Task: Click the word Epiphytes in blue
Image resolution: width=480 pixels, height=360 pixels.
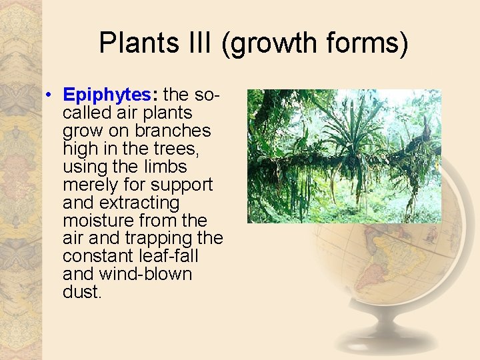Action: pyautogui.click(x=107, y=95)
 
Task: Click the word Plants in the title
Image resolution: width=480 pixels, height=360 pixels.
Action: pyautogui.click(x=139, y=42)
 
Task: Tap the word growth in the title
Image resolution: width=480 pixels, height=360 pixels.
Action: pyautogui.click(x=269, y=44)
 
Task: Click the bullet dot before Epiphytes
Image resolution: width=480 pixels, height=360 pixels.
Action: pyautogui.click(x=48, y=95)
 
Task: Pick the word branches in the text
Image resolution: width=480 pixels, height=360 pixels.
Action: pyautogui.click(x=173, y=131)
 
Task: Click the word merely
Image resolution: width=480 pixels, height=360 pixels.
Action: pyautogui.click(x=90, y=185)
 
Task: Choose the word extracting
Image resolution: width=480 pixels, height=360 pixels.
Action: pyautogui.click(x=139, y=203)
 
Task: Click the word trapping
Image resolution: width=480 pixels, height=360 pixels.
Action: pyautogui.click(x=159, y=239)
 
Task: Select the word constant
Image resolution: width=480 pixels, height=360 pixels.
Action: pyautogui.click(x=98, y=256)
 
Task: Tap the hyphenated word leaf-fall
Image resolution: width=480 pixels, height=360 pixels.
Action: pyautogui.click(x=169, y=255)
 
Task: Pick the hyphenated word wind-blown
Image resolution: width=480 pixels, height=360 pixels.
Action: pyautogui.click(x=145, y=273)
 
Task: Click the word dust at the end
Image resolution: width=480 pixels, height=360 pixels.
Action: pyautogui.click(x=81, y=291)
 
